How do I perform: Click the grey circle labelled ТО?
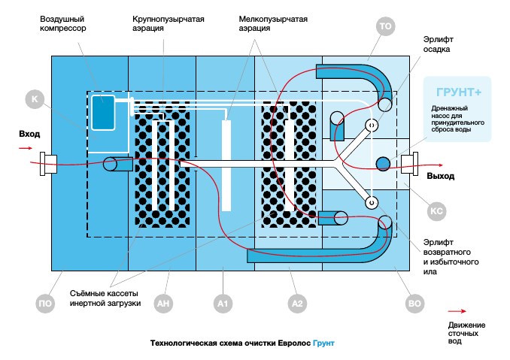tap(385, 26)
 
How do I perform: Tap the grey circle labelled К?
tap(35, 99)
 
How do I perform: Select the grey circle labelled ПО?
tap(45, 304)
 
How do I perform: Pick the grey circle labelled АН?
tap(163, 304)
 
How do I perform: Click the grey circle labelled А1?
tap(223, 304)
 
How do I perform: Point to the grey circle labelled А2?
tap(297, 304)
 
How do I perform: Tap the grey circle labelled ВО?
tap(414, 304)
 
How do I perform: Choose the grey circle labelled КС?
tap(436, 211)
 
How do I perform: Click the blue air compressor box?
tap(103, 113)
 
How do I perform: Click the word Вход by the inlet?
tap(29, 134)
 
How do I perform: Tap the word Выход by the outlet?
tap(440, 176)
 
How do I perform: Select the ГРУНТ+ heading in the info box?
tap(459, 92)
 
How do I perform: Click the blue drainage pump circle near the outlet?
tap(383, 164)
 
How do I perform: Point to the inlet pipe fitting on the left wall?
tap(48, 164)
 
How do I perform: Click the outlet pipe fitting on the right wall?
tap(409, 164)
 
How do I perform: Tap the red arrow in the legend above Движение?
tap(457, 311)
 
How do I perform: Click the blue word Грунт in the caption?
tap(323, 343)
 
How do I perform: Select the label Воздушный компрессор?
tap(63, 23)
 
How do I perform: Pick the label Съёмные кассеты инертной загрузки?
tap(105, 298)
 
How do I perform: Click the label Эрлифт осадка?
tap(438, 44)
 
